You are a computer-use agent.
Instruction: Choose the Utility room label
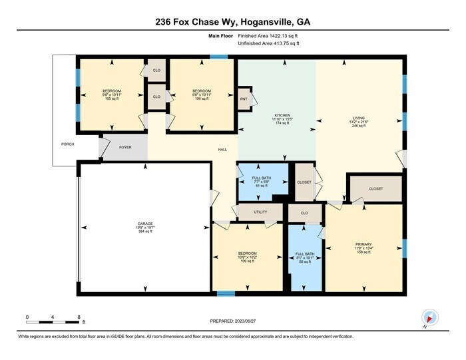tap(260, 212)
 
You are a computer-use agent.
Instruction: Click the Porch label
tap(67, 144)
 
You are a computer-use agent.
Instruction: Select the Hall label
tap(223, 150)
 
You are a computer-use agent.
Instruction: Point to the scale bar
tap(53, 322)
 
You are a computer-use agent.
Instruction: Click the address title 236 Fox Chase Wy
tap(233, 22)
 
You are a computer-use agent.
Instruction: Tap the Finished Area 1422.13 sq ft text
tap(269, 36)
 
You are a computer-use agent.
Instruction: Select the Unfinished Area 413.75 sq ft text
tap(269, 43)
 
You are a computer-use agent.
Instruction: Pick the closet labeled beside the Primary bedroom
tap(375, 189)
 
